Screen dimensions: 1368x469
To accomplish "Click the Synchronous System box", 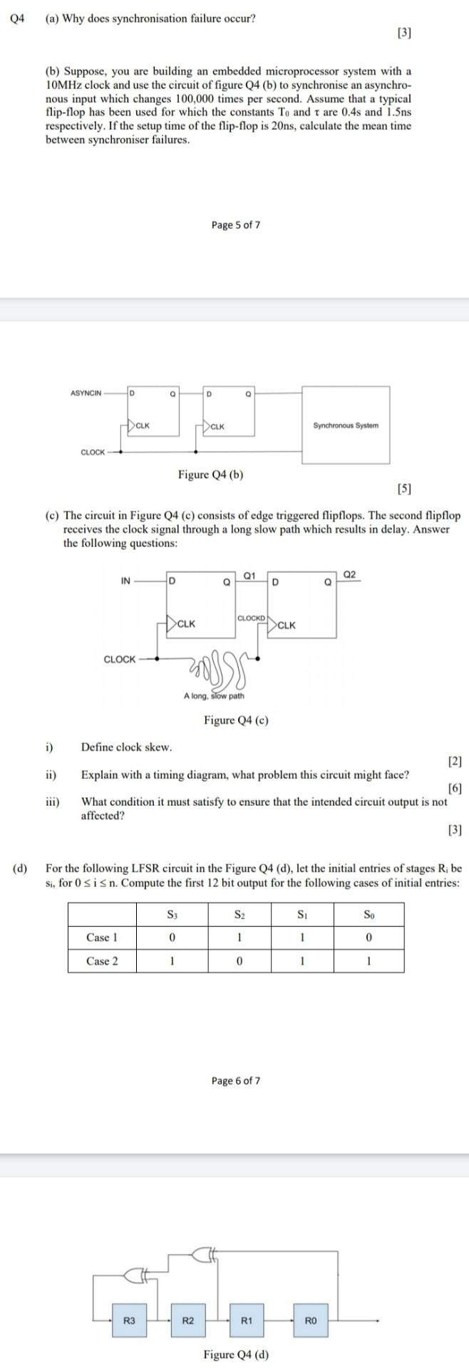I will tap(346, 425).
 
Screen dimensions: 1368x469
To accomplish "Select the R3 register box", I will tap(129, 1320).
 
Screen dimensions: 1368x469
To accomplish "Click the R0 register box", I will tap(310, 1320).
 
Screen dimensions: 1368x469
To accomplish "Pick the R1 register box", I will tap(247, 1320).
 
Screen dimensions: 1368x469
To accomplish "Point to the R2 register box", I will tap(188, 1320).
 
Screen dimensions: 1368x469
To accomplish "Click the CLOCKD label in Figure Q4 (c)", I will tap(251, 617).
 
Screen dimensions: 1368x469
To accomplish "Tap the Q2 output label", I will tap(349, 574).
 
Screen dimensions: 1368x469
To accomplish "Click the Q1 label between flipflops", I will tap(249, 574).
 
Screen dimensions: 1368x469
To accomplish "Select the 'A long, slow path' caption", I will tap(214, 695).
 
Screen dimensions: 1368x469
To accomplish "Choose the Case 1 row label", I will tap(102, 937).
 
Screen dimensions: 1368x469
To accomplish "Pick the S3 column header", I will tap(172, 913).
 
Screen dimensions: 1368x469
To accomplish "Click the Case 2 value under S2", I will tap(239, 960).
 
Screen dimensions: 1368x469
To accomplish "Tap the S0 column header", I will tap(368, 913).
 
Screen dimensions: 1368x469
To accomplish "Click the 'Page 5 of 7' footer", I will tap(235, 225).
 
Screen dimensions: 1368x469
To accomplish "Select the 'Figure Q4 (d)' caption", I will tap(236, 1354).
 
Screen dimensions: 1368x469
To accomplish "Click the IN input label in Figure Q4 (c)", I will tap(125, 581).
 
